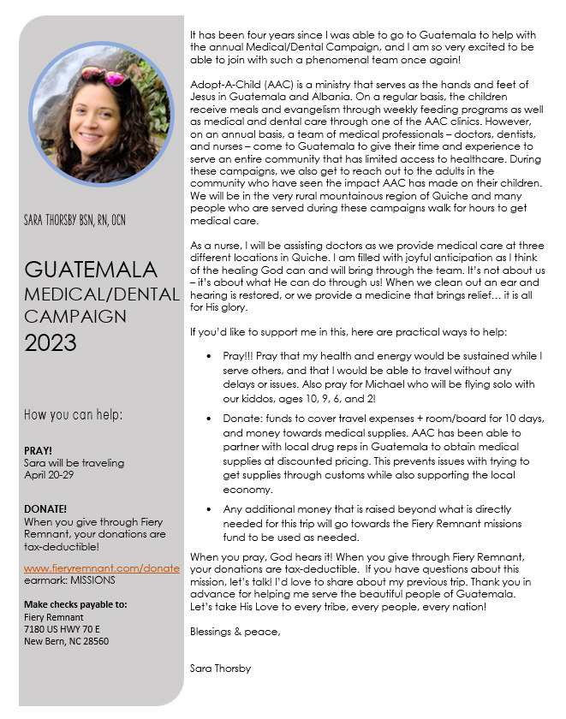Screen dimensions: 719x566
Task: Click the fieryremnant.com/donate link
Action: click(x=102, y=567)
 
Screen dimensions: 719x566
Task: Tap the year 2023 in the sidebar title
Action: click(x=50, y=343)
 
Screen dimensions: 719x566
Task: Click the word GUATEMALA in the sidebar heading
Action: click(x=90, y=270)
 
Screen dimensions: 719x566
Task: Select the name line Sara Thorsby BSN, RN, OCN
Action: click(x=75, y=221)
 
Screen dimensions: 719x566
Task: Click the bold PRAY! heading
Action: click(x=39, y=450)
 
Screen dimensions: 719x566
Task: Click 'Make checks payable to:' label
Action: click(x=75, y=604)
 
